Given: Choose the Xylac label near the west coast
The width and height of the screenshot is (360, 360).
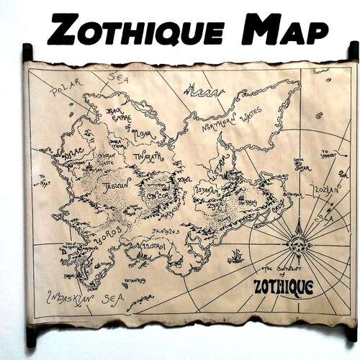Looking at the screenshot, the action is [x=73, y=155].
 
